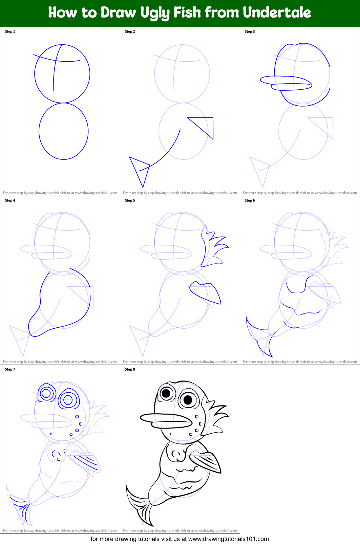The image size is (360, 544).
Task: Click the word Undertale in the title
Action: point(277,13)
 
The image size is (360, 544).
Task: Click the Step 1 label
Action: point(10,31)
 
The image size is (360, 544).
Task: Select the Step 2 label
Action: point(130,31)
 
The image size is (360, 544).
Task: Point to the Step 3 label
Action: point(250,31)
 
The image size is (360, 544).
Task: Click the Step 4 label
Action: point(10,200)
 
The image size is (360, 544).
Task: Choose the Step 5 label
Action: point(130,200)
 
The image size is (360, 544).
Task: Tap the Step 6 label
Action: point(250,200)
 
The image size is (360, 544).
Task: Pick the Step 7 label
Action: point(10,369)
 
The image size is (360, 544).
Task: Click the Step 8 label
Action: point(130,369)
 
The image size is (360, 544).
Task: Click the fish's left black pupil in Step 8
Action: point(166,393)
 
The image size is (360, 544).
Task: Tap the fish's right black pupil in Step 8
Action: point(188,399)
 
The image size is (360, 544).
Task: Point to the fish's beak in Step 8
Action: point(166,420)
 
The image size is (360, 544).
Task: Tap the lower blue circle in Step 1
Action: point(64,131)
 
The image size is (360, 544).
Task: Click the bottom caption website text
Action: point(179,539)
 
